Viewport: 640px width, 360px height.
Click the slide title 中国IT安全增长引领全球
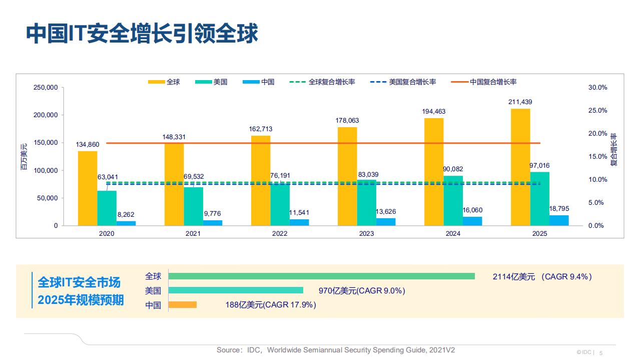(x=142, y=33)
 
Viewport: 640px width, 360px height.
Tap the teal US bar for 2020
(x=107, y=208)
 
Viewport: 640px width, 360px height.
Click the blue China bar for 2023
(x=385, y=222)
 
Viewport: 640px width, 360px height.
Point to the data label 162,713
(x=261, y=129)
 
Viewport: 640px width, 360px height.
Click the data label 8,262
(x=126, y=214)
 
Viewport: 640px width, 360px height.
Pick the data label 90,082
(x=453, y=169)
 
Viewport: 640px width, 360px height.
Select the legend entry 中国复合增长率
(x=493, y=82)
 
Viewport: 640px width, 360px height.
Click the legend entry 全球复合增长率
(x=332, y=82)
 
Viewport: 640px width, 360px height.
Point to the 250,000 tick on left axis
(x=46, y=88)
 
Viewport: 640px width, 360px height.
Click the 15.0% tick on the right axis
(x=598, y=157)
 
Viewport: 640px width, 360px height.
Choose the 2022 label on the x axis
(x=280, y=234)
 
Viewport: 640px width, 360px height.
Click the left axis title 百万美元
(x=24, y=156)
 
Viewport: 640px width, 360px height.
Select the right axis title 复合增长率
(x=613, y=149)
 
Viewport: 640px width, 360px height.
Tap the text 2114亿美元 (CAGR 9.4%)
(x=542, y=276)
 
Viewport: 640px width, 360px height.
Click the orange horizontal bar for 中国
(x=183, y=304)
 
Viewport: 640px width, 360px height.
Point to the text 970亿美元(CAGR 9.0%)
(x=362, y=290)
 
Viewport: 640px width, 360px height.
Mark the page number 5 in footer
(x=601, y=352)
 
